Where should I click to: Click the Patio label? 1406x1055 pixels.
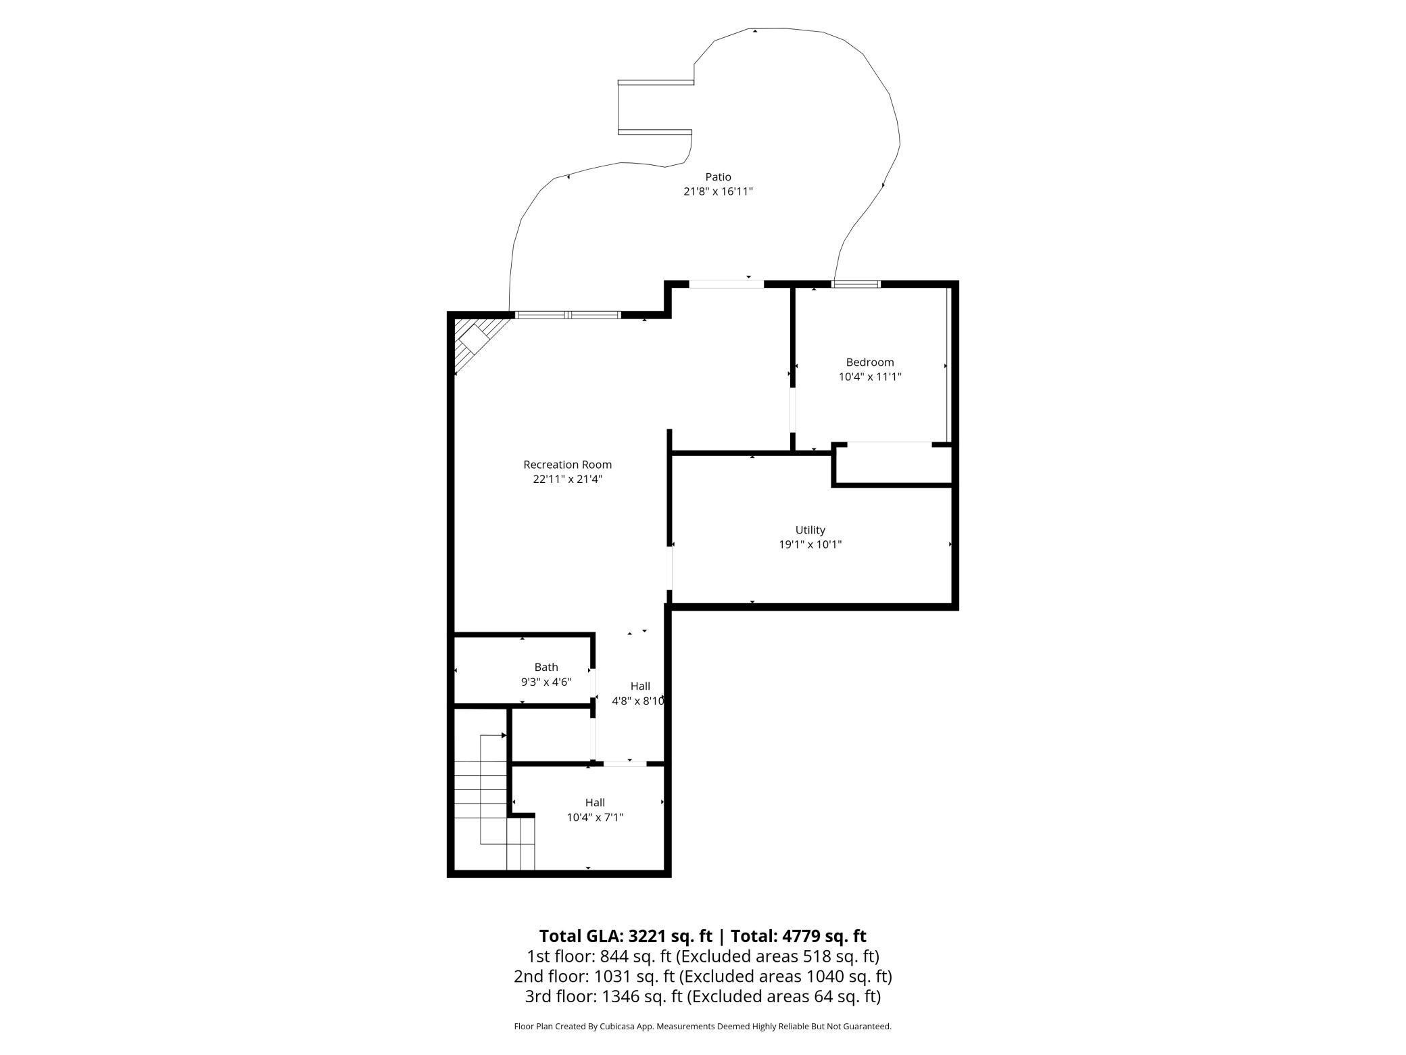718,177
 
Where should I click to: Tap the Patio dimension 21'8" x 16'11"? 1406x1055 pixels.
718,191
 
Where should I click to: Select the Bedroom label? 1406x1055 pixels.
869,362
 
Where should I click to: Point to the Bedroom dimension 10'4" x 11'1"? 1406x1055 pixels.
869,377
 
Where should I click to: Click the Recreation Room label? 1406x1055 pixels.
567,465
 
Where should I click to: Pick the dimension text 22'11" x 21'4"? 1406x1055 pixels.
567,479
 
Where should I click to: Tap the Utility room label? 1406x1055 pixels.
810,530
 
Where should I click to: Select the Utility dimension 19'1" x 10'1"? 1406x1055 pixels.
810,544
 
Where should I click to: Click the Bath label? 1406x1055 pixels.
546,667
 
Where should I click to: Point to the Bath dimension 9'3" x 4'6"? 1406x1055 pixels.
546,682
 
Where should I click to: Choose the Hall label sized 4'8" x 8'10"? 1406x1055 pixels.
640,686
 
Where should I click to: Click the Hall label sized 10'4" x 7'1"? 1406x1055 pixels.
595,802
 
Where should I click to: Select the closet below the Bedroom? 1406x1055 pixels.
892,464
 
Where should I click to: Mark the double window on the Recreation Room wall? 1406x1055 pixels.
568,314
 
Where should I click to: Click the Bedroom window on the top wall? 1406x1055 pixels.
856,284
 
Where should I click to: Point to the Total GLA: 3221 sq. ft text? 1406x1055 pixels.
625,936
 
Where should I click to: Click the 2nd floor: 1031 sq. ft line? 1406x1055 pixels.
702,977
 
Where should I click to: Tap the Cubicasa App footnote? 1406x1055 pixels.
702,1026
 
